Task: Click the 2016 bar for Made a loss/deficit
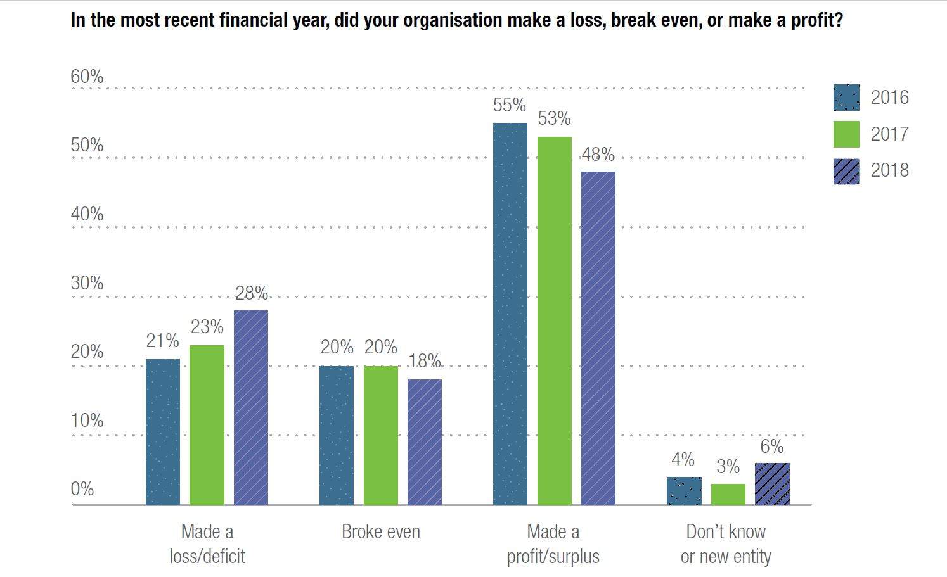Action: point(163,432)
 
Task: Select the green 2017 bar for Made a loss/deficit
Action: point(207,425)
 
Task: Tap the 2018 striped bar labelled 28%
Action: point(251,408)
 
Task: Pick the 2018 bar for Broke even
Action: point(425,442)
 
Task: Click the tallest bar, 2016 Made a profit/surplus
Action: point(510,314)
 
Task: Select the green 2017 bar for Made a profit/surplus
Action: point(554,321)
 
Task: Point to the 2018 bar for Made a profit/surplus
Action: point(598,338)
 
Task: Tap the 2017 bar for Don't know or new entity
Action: point(728,494)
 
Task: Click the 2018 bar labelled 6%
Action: point(772,484)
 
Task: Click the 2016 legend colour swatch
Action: point(846,98)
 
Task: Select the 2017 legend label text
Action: point(889,134)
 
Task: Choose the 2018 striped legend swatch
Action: point(846,171)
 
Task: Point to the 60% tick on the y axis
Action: point(87,77)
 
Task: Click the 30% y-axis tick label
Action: point(87,283)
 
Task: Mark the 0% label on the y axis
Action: point(82,489)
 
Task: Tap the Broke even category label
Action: point(380,531)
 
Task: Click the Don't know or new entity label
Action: point(726,544)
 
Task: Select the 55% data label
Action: point(510,105)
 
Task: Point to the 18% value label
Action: point(425,360)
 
